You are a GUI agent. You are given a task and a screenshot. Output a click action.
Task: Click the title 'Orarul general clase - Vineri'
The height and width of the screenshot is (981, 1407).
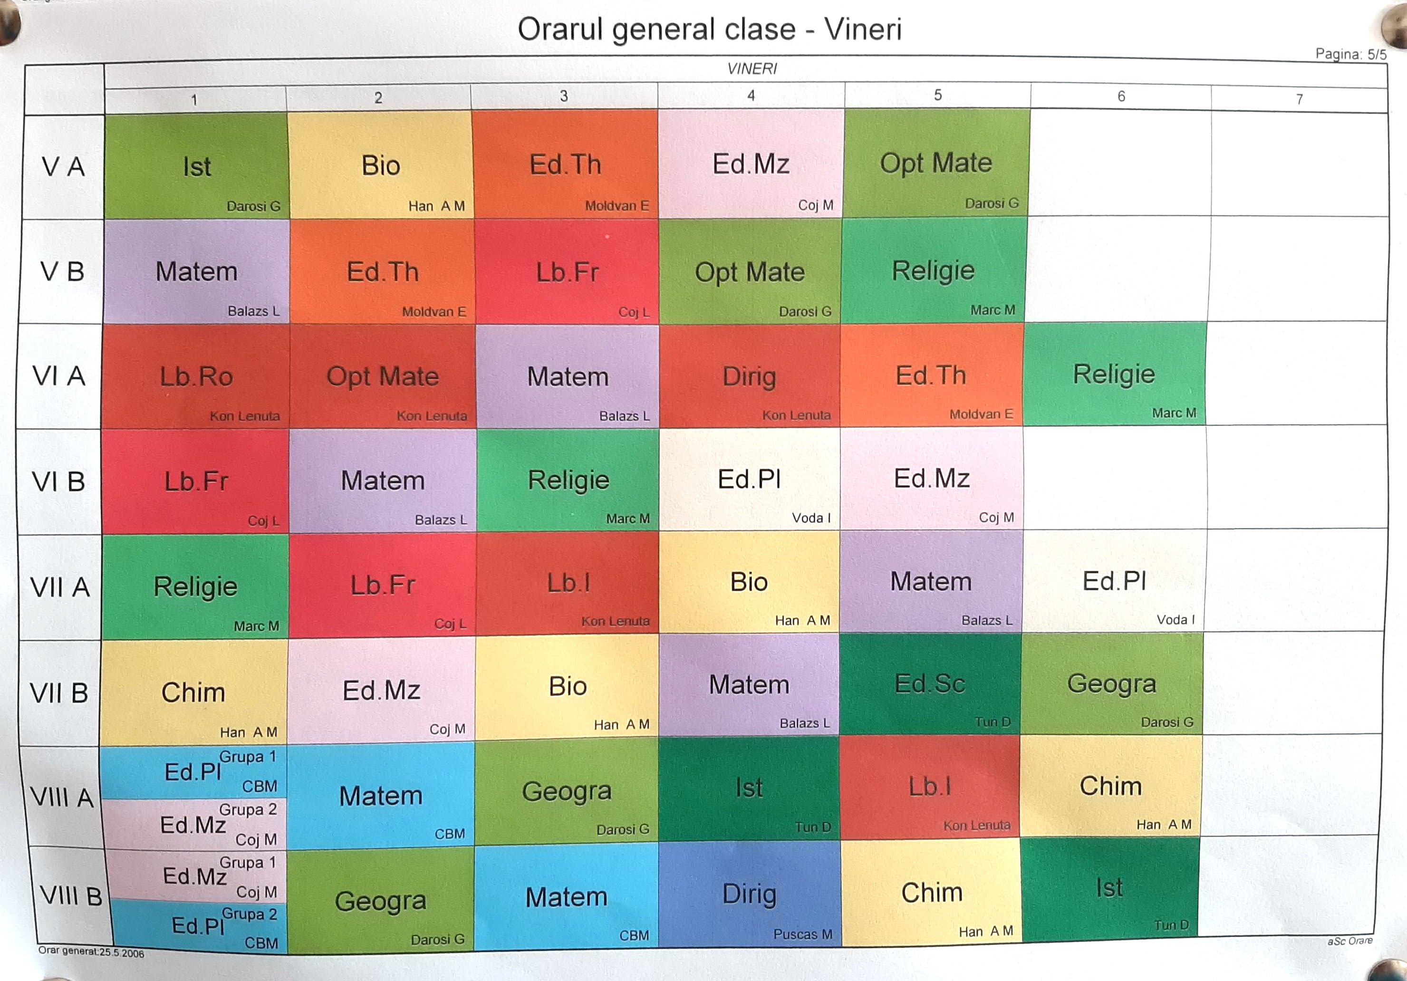point(709,29)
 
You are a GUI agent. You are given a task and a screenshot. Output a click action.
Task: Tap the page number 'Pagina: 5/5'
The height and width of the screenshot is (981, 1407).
point(1350,54)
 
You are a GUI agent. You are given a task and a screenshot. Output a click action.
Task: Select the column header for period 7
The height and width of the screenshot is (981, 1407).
point(1299,99)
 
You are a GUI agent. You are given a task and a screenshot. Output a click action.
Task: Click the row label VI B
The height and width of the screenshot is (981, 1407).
point(59,481)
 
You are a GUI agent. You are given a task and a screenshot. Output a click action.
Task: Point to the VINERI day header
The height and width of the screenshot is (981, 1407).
point(752,68)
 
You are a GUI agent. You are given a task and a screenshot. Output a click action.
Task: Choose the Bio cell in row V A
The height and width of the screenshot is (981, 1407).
point(381,165)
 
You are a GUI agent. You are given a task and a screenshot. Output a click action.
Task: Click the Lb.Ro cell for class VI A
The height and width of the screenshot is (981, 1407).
point(196,376)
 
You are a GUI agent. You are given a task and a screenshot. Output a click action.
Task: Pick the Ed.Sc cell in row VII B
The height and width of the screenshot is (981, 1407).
point(930,684)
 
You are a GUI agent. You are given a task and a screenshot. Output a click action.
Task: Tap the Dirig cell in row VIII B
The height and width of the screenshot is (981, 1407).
point(750,894)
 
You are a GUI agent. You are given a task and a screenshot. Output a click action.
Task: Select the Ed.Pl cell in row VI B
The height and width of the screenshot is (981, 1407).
point(749,479)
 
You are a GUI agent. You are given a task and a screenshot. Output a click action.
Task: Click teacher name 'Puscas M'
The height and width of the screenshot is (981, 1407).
point(803,934)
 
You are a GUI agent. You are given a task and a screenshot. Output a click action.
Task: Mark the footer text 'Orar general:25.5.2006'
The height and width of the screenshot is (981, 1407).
point(91,952)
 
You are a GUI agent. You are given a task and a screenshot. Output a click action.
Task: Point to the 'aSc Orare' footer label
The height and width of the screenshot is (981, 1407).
point(1350,941)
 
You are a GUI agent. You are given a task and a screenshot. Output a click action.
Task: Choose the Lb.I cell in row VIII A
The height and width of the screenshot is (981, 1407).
point(930,787)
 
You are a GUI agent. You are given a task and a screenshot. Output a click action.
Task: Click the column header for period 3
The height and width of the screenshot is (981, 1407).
point(564,96)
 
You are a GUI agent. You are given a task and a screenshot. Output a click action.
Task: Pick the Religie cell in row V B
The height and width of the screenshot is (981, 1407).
point(933,270)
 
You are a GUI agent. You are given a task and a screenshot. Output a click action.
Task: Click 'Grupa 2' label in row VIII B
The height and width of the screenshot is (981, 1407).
point(250,914)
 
